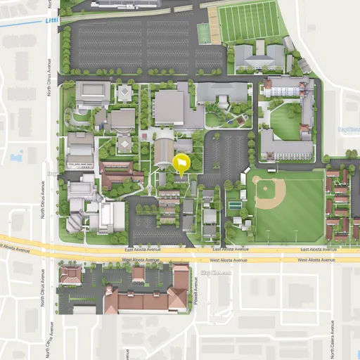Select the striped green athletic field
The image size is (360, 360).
coord(249,20)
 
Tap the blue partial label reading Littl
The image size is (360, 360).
coord(51,20)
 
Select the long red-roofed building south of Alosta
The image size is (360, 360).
coord(144,302)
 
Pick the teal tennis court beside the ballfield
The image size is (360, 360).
coord(235,206)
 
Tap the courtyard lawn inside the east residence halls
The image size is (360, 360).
coord(285,122)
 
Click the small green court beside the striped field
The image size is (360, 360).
coord(203,33)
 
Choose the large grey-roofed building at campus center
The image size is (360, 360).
coord(169,107)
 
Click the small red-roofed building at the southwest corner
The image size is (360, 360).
coord(70,275)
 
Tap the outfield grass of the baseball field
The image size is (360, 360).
coord(295,211)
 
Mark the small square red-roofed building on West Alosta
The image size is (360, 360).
coord(139,274)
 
